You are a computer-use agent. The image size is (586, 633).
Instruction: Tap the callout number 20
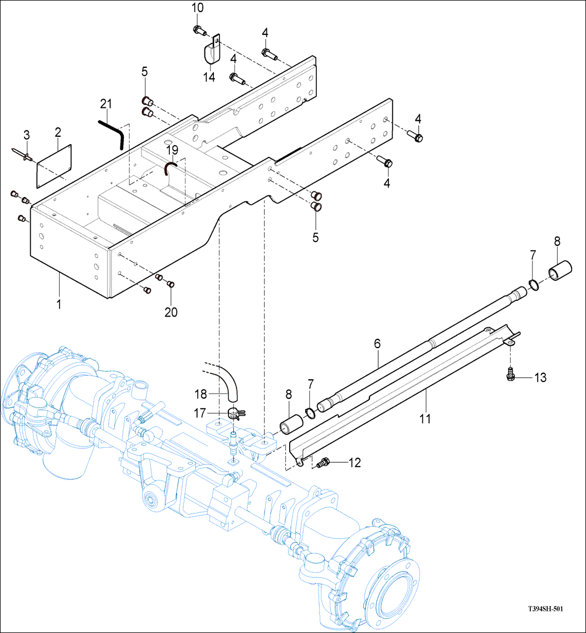coord(171,312)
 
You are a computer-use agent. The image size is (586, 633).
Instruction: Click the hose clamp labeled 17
coord(236,413)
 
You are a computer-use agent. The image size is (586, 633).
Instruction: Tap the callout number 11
coord(425,418)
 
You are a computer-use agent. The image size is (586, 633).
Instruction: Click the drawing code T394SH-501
coord(545,609)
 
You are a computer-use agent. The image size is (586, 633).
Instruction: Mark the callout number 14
coord(209,77)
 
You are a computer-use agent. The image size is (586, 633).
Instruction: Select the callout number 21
coord(106,103)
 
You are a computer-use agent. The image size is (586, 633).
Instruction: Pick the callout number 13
coord(540,378)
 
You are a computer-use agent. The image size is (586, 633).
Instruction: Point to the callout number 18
coord(201,394)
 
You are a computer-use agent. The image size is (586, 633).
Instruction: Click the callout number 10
coord(198,8)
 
